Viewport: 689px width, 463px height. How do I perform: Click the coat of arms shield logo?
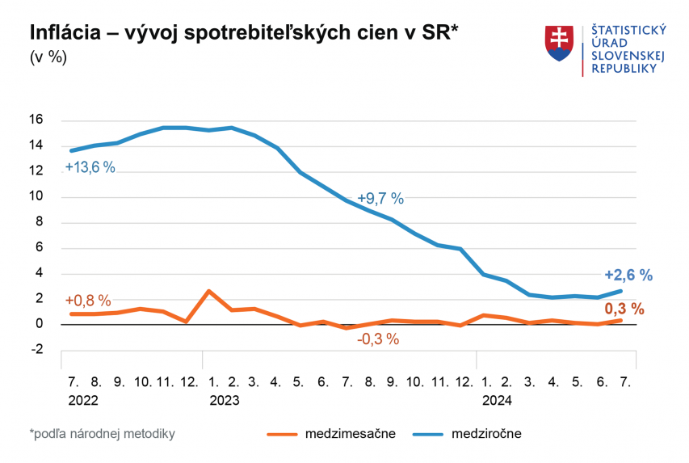coord(559,44)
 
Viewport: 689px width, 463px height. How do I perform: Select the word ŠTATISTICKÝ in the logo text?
coord(628,30)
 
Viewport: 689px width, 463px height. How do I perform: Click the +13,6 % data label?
coord(90,168)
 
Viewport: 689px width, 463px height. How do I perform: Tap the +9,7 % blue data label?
coord(380,199)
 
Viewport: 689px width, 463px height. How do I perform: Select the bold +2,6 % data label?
coord(628,275)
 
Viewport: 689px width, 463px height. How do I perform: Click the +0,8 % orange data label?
coord(87,301)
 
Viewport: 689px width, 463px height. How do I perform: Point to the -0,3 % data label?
coord(378,339)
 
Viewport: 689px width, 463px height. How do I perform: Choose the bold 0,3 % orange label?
coord(624,309)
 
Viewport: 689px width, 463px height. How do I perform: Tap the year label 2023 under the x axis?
coord(225,399)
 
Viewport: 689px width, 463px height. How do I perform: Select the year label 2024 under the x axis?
coord(498,399)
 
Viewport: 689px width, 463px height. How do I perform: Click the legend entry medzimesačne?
coord(351,434)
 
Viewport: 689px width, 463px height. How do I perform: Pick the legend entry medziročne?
coord(486,434)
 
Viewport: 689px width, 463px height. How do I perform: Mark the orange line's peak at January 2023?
coord(209,291)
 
